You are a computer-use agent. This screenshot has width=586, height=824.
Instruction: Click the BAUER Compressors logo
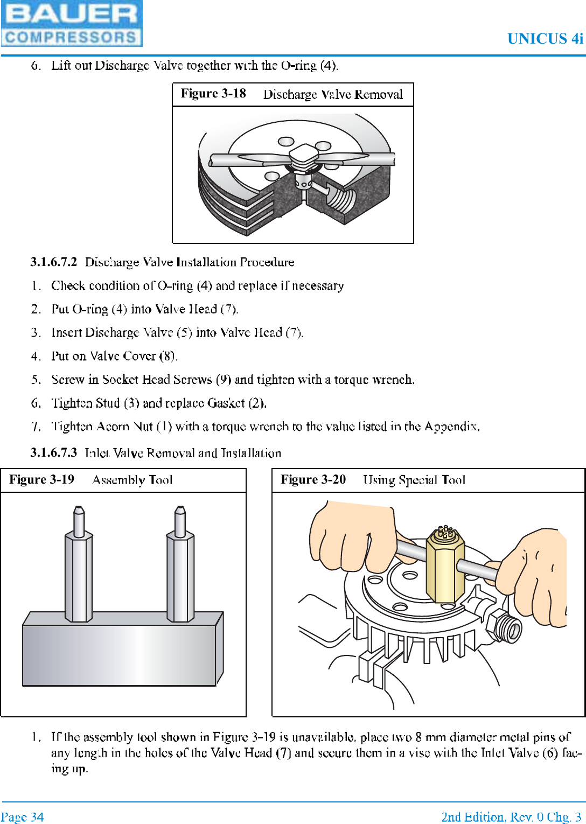point(72,23)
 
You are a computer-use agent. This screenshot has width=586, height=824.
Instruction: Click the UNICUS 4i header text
point(545,39)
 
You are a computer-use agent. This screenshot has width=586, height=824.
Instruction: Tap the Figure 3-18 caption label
point(213,94)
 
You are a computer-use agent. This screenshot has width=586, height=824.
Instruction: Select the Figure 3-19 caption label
point(41,480)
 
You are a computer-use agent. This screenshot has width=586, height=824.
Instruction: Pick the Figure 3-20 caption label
point(313,480)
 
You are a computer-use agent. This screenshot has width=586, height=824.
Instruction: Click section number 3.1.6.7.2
point(53,262)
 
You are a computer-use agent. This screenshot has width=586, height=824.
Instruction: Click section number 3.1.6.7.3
point(53,453)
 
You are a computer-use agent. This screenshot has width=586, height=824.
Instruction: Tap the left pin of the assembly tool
point(79,565)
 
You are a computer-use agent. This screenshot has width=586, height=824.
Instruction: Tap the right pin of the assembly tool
point(180,565)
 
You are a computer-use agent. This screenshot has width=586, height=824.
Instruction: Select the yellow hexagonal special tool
point(445,565)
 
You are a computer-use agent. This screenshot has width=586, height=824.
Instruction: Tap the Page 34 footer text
point(23,817)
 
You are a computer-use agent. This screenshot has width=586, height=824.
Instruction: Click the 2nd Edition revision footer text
point(511,817)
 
